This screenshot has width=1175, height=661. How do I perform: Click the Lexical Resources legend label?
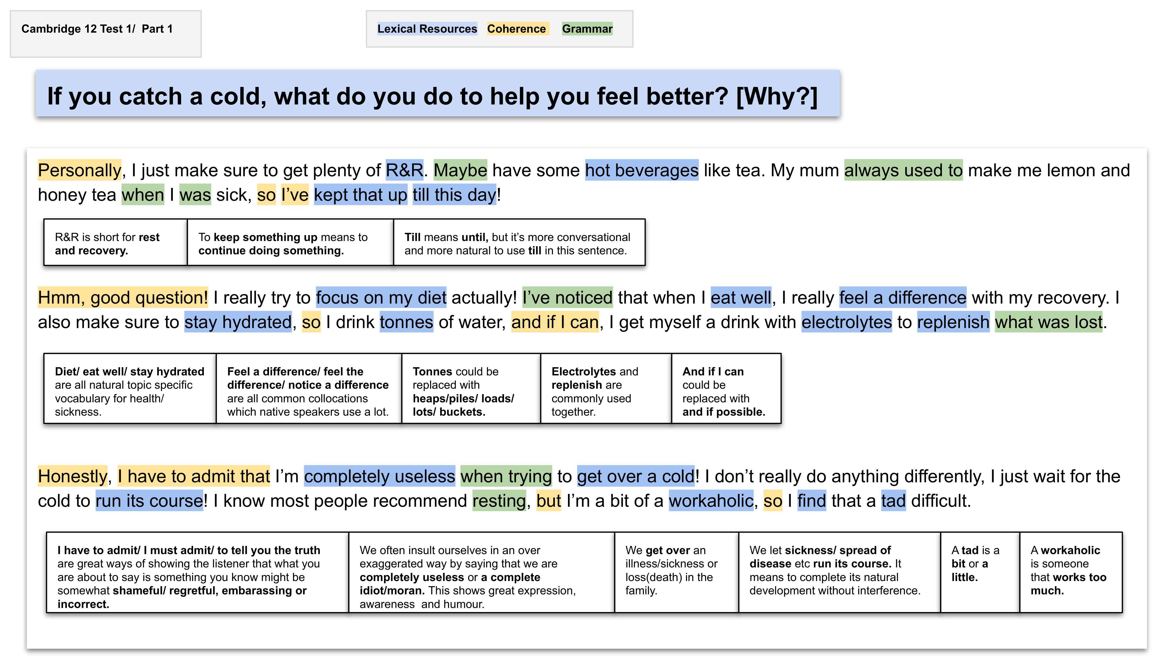[x=427, y=29]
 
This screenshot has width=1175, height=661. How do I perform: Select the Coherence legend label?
[x=516, y=29]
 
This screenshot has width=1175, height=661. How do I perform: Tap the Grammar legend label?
[x=587, y=29]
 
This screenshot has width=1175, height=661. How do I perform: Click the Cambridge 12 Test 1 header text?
[x=97, y=29]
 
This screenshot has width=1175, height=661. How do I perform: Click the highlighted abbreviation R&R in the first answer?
[x=404, y=170]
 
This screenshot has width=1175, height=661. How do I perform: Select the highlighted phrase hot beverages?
[x=641, y=170]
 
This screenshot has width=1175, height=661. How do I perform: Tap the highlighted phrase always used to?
[x=903, y=170]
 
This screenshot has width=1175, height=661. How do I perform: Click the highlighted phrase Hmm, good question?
[x=123, y=297]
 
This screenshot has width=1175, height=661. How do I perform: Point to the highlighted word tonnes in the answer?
[x=406, y=322]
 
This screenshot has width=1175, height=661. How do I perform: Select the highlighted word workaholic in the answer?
[x=711, y=501]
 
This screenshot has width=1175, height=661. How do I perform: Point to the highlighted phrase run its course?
[x=149, y=501]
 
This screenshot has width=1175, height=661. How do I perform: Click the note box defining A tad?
[x=979, y=572]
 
